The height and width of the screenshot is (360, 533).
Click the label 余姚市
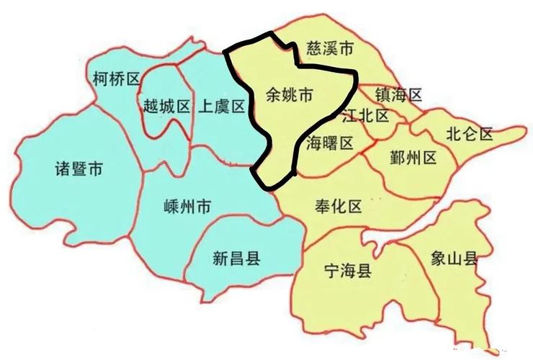point(290,94)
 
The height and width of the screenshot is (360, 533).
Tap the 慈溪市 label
point(330,49)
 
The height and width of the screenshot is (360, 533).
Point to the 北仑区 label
point(469,133)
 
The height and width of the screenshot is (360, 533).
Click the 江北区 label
point(365,116)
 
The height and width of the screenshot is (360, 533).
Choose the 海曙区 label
point(330,143)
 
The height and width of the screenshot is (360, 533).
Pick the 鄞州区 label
point(413,158)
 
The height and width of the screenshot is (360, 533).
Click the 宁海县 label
point(348,271)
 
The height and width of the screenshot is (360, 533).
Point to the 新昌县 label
point(236,256)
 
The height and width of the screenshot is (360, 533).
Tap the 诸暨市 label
point(79,170)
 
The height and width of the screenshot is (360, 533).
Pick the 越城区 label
point(166,107)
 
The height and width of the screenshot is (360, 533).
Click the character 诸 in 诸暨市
point(63,170)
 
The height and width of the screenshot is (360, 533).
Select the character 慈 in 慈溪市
point(314,49)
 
